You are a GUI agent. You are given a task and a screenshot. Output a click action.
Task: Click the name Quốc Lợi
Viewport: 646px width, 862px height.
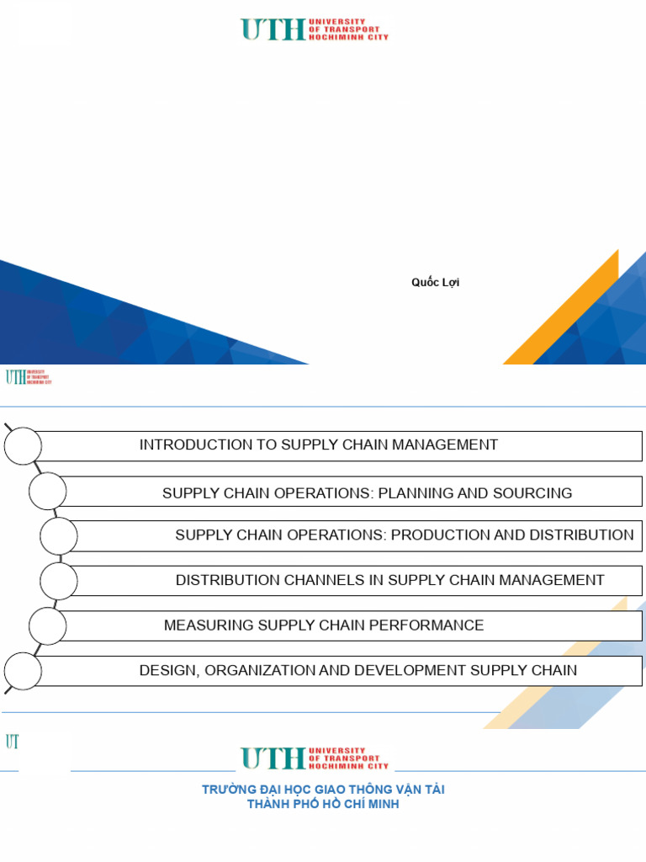(435, 283)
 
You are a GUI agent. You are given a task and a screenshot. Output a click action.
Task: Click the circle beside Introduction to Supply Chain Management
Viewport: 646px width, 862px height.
(23, 445)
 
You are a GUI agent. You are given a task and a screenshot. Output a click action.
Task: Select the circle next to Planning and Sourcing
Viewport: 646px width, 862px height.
(47, 492)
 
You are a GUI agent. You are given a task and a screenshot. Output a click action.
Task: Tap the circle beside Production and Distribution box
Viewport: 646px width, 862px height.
(59, 535)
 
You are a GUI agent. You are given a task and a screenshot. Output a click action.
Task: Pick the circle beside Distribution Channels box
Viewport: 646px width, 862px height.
(59, 580)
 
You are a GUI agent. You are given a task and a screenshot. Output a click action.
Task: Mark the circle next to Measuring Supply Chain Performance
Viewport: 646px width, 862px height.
(47, 625)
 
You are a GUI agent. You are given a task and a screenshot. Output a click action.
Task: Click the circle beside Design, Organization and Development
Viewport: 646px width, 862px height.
(23, 671)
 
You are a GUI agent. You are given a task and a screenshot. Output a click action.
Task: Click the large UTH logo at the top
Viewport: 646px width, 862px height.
(315, 29)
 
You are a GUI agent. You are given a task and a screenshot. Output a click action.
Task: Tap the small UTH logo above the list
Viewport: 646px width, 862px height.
(28, 376)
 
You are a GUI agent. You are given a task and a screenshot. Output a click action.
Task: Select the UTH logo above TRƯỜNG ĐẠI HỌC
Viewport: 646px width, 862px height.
(315, 758)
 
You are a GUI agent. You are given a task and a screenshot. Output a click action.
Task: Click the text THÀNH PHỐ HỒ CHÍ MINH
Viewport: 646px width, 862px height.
(323, 805)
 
